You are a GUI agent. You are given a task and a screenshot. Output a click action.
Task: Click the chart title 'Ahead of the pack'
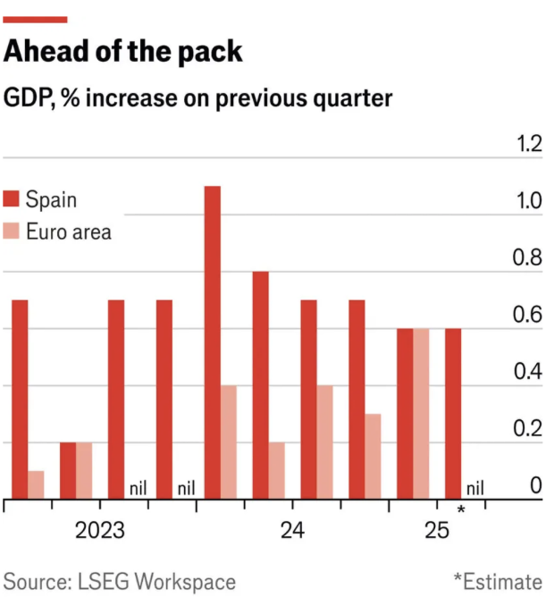point(123,52)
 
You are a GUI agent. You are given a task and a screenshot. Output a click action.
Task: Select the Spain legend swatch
point(12,198)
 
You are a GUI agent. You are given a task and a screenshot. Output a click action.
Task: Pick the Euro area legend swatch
point(12,231)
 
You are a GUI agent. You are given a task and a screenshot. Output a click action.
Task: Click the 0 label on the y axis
point(535,486)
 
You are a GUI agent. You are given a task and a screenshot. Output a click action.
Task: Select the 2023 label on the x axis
point(99,531)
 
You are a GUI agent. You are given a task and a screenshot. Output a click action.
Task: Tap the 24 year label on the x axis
point(292,531)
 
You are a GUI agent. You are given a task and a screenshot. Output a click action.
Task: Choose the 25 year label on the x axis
point(437,531)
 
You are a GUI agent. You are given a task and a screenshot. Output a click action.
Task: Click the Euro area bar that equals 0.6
point(421,414)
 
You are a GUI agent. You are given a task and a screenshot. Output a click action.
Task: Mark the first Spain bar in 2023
point(20,400)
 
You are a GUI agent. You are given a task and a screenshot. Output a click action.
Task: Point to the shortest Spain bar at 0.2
point(68,471)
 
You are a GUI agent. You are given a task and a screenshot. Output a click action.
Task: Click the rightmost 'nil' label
point(474,488)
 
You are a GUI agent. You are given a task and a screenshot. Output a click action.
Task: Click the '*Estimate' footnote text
point(497,583)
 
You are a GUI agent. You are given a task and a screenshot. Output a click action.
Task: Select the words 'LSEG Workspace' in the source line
point(154,583)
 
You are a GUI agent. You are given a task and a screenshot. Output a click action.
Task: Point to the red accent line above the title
point(36,19)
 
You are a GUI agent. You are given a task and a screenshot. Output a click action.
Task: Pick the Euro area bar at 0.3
point(373,457)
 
